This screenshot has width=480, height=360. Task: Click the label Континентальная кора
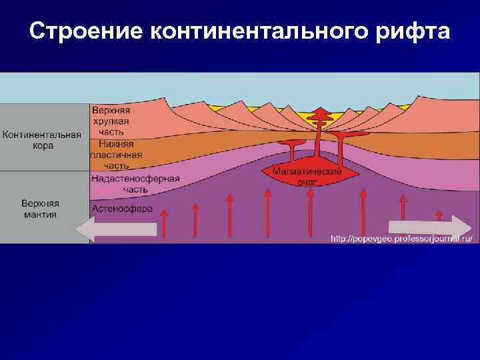(x=43, y=139)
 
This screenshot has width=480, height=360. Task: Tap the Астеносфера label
(x=121, y=209)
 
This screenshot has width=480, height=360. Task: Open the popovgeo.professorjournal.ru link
(x=402, y=238)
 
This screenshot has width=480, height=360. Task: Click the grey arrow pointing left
(x=116, y=229)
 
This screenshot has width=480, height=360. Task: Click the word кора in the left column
(x=43, y=145)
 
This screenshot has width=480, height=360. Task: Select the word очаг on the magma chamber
(x=307, y=181)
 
